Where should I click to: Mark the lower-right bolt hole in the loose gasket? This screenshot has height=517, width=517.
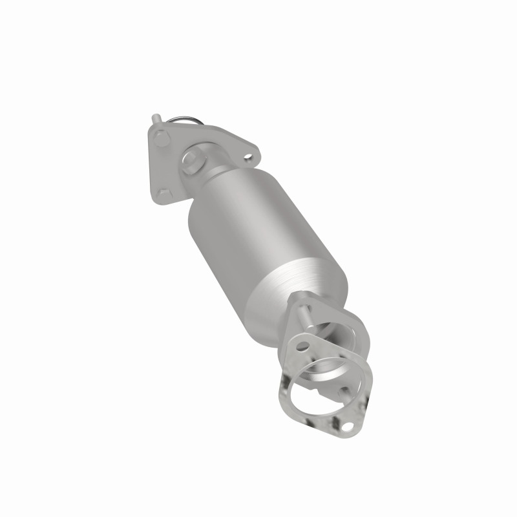click(x=349, y=427)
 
